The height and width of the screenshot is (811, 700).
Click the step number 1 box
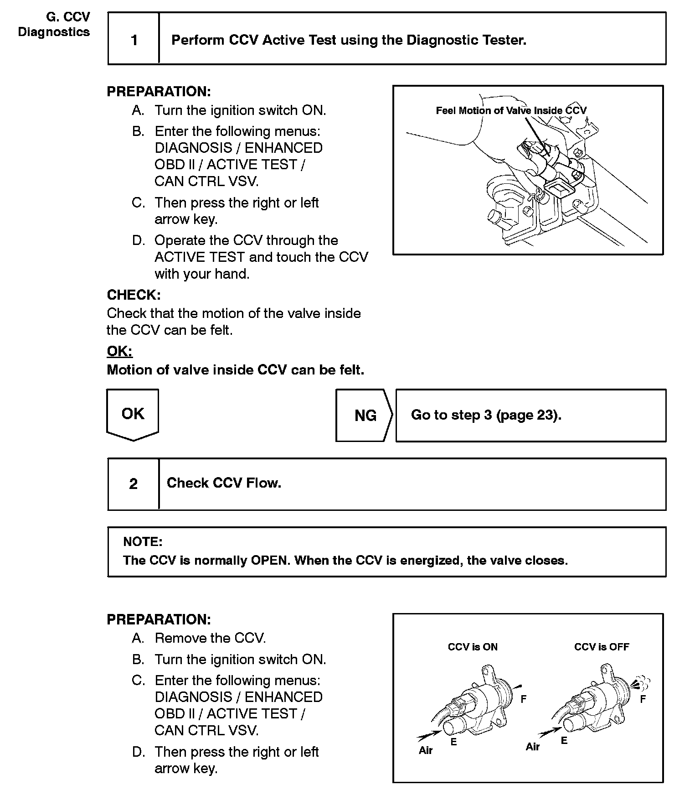coord(134,40)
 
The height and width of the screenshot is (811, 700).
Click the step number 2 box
coord(133,484)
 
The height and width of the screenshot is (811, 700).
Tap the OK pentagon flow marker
coord(133,414)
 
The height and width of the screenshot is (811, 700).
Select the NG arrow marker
coord(365,416)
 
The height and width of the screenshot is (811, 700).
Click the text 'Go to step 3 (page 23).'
coord(486,415)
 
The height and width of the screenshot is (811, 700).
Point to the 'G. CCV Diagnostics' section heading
coord(54,25)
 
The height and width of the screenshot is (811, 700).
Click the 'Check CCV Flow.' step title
coord(224,483)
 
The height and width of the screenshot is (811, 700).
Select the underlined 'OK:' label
coord(119,351)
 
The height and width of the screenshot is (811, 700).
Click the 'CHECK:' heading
coord(134,295)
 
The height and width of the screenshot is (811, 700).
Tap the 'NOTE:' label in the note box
coord(143,542)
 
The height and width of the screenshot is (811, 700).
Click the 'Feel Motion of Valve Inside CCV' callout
coord(511,110)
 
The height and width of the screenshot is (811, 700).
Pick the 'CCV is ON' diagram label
coord(473,647)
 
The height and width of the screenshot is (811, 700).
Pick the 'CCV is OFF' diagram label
coord(602,647)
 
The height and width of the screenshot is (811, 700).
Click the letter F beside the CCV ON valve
coord(524,698)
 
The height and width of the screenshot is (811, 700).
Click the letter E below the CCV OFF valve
coord(564,741)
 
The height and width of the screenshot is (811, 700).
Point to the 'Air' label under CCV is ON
coord(426,750)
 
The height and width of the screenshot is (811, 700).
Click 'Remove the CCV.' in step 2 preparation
coord(210,638)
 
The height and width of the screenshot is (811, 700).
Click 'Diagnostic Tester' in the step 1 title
coord(466,40)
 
